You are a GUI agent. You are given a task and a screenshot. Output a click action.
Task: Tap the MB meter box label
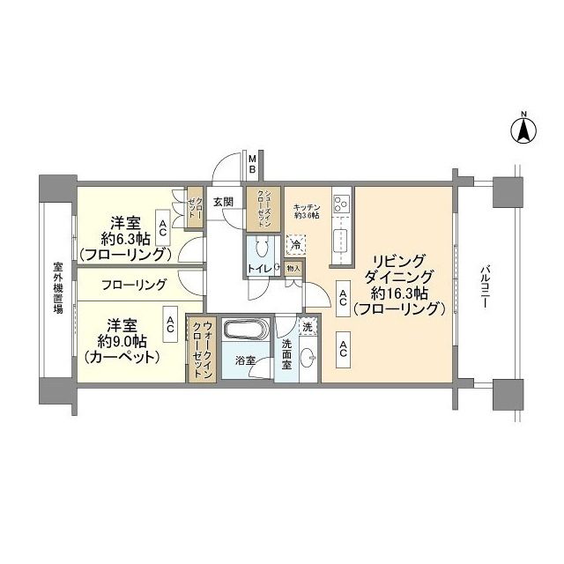pos(251,164)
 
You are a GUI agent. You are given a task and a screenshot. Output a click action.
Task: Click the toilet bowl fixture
pos(263,249)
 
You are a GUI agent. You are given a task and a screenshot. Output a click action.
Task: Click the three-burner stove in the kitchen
pos(342,204)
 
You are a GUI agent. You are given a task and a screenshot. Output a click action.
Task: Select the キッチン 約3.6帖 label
pos(306,210)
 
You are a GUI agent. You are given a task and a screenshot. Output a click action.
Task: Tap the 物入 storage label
pos(293,269)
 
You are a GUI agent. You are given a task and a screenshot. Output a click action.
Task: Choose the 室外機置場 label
pos(57,292)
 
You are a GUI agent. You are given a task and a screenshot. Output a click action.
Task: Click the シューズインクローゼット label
pos(262,210)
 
